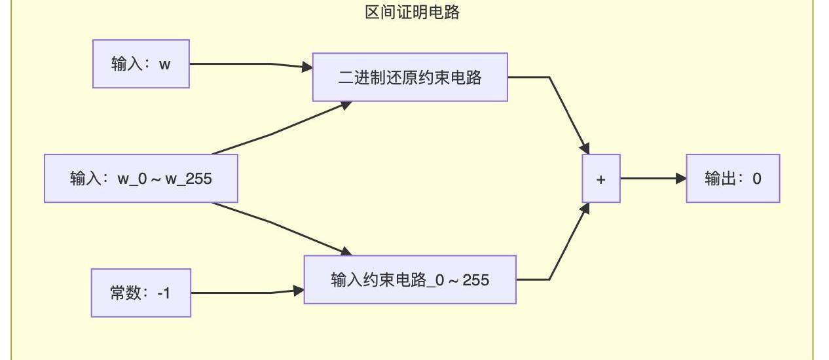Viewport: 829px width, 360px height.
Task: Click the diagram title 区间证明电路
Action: point(412,12)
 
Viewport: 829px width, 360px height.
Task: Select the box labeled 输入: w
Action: point(141,64)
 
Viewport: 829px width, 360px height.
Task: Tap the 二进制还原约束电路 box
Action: point(410,77)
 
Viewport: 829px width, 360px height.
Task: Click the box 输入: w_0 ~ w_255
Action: point(141,178)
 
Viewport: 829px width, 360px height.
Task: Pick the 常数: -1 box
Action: point(141,293)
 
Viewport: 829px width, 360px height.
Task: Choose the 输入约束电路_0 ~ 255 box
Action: point(410,280)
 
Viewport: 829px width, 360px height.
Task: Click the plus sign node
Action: point(601,179)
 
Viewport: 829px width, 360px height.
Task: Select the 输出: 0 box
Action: point(733,179)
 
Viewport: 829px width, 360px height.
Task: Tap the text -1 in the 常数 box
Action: point(164,293)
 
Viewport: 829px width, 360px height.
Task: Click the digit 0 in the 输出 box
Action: point(757,179)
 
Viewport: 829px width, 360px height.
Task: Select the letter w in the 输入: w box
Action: point(164,64)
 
